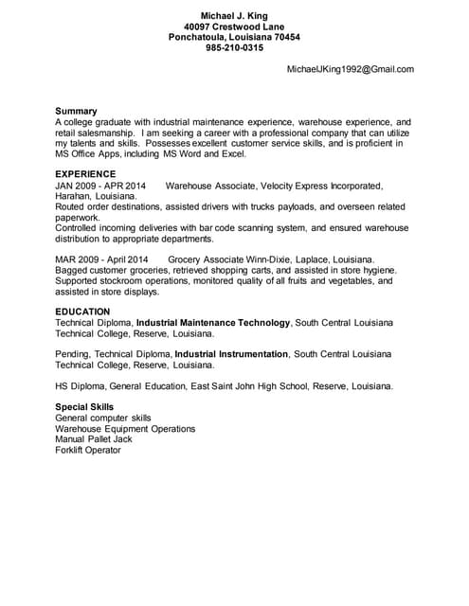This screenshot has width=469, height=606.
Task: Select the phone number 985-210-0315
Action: pos(234,48)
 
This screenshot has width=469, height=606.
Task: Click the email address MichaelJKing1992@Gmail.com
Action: pos(351,69)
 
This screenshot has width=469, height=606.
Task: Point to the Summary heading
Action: pos(76,111)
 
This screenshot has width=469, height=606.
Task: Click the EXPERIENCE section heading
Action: pos(85,174)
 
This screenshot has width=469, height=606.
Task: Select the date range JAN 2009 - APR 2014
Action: pos(100,186)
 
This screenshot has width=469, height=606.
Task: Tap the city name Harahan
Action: pos(74,196)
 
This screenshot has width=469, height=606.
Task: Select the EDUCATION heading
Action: pos(82,312)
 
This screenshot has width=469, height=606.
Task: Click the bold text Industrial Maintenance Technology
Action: pos(213,323)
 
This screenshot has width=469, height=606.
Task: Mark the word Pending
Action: pos(73,353)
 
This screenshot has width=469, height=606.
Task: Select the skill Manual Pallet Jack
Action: pos(94,439)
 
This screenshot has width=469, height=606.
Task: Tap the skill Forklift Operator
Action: pos(88,450)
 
